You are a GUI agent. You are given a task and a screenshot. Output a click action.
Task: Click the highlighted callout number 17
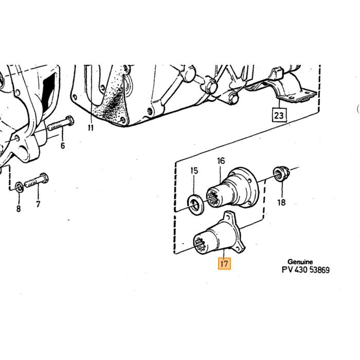coord(224,263)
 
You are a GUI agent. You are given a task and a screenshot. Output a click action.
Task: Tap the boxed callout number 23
coord(279,115)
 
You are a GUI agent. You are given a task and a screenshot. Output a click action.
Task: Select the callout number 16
coord(221,161)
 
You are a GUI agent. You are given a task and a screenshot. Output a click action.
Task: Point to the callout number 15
coord(194,171)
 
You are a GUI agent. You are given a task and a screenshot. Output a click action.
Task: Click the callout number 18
coord(281,203)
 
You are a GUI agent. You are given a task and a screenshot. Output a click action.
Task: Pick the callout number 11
coord(91,128)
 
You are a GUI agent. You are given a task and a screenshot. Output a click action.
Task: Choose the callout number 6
coord(63,146)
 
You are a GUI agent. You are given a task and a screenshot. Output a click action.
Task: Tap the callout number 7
coord(38,204)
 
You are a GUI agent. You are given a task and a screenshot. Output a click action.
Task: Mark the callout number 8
coord(19,208)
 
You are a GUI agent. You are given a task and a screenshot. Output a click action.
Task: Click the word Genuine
coord(300,262)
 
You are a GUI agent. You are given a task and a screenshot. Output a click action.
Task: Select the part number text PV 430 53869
coord(305,270)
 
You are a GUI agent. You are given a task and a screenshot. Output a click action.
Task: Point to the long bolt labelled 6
coord(61,124)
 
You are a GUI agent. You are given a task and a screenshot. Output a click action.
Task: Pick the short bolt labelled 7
coord(37,181)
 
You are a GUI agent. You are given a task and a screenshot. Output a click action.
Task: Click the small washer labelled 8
coord(19,187)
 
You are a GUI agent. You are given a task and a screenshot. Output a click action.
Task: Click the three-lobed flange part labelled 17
coord(219,236)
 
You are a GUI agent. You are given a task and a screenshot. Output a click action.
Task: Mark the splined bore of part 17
coord(200,244)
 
